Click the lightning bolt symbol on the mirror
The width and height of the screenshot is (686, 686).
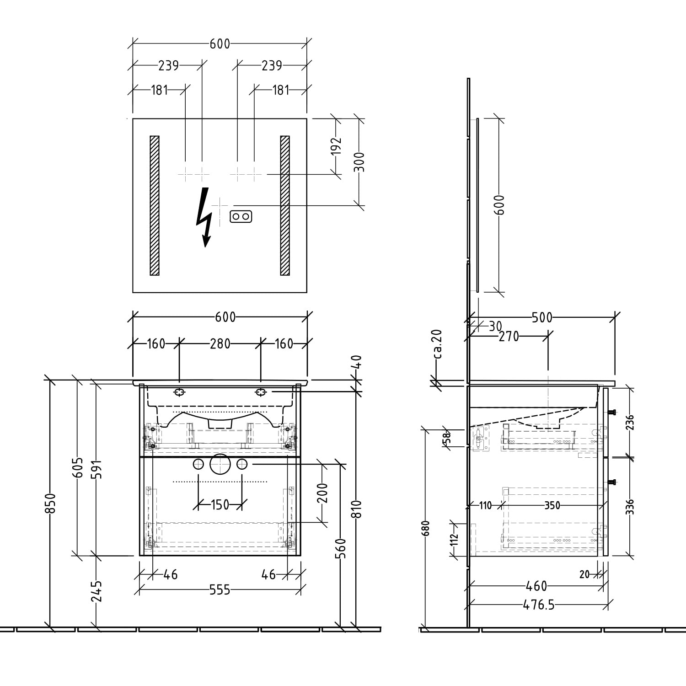click(203, 217)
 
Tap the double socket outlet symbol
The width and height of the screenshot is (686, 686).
click(241, 216)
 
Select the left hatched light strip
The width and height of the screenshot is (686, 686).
click(155, 205)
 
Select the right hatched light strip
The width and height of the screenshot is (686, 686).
click(285, 205)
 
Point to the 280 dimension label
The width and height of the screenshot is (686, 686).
click(220, 343)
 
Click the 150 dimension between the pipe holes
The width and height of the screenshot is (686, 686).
click(220, 505)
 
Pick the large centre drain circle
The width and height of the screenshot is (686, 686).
click(220, 464)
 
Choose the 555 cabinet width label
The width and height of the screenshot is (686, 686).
click(220, 590)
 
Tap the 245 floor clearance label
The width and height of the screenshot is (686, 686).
click(96, 591)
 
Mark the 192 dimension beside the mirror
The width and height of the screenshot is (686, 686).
click(336, 146)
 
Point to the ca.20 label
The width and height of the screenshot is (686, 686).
click(438, 343)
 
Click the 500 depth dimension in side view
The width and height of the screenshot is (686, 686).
click(542, 318)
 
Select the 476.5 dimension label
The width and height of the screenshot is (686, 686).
click(539, 605)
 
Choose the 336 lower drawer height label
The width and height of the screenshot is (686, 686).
click(630, 507)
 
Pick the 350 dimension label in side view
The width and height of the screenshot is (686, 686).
click(552, 505)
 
